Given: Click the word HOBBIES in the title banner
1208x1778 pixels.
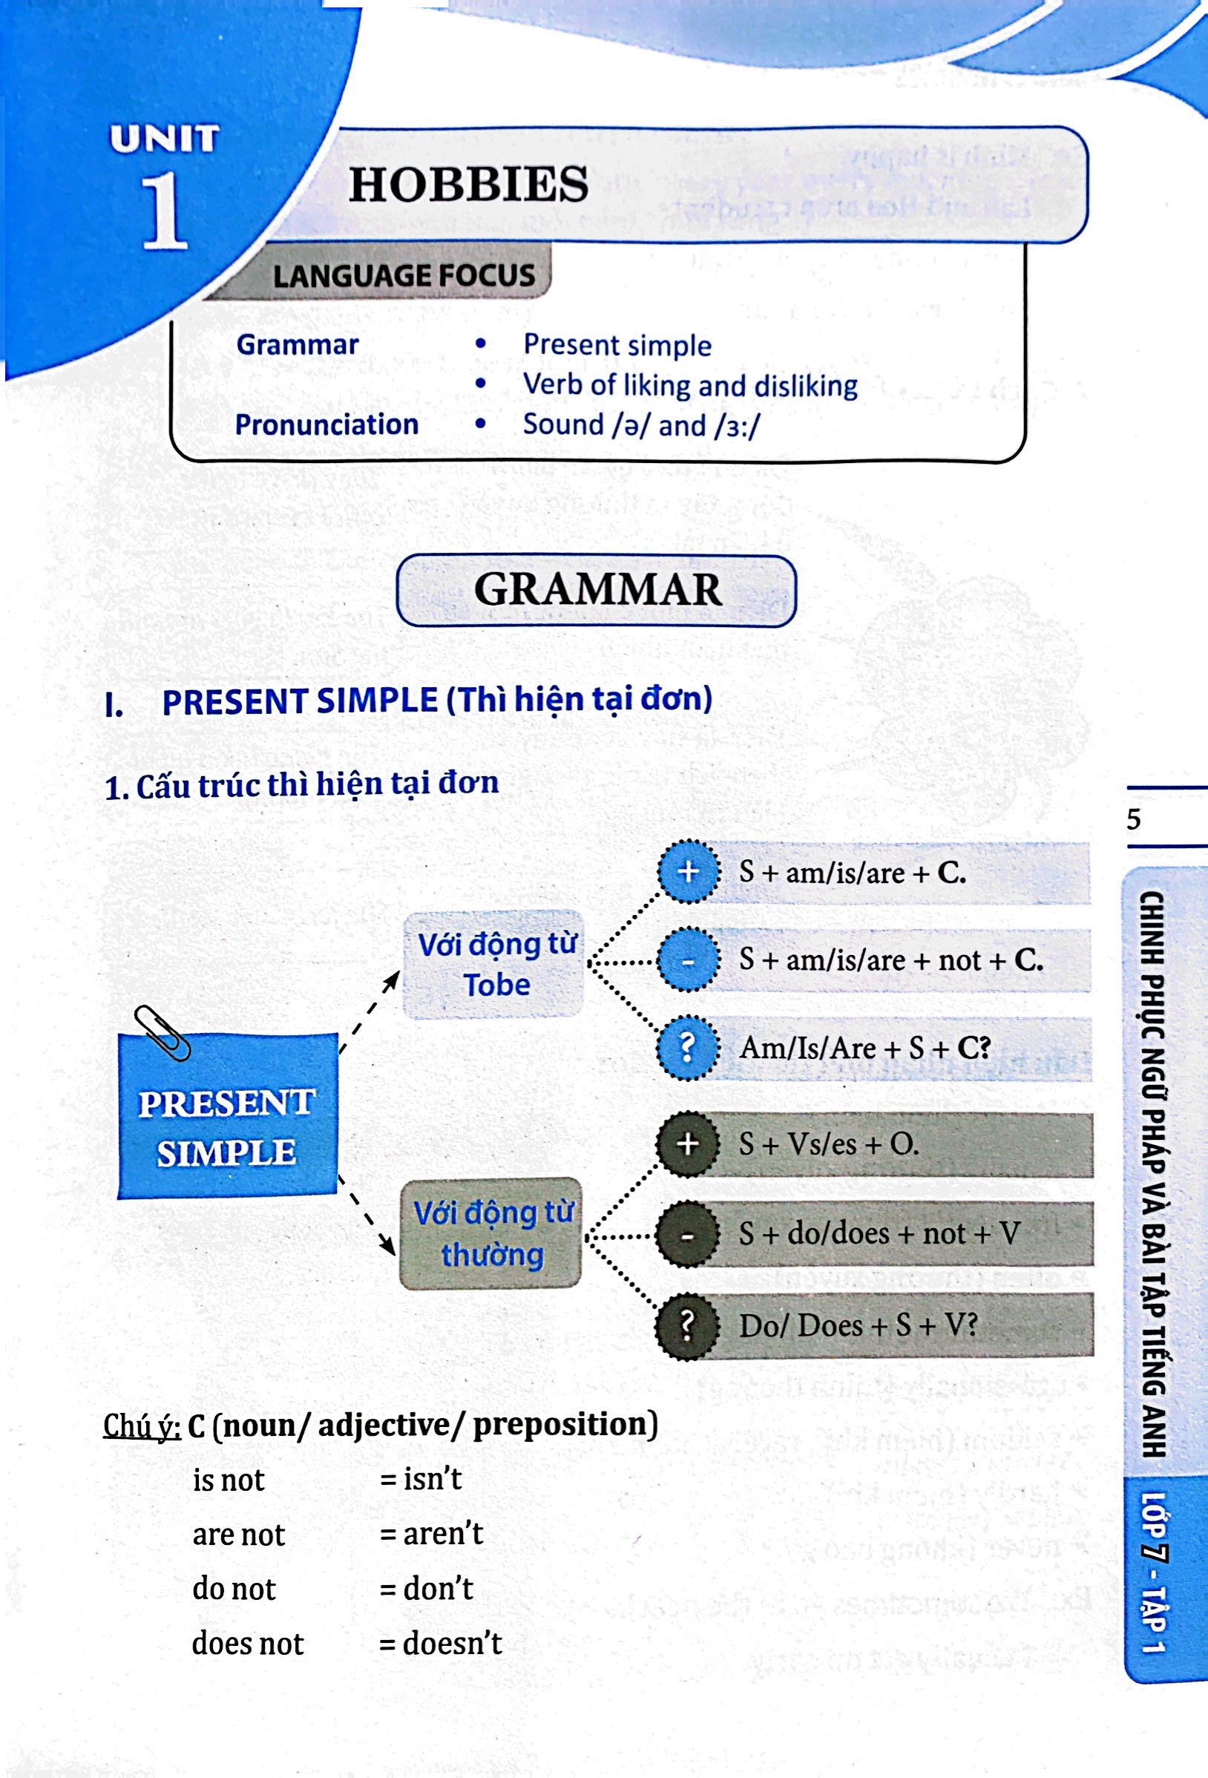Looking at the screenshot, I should click(468, 185).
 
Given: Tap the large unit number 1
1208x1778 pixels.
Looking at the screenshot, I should click(165, 211).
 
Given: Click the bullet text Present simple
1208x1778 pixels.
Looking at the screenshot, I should click(617, 345).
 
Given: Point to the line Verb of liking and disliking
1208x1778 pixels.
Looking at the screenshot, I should click(689, 385).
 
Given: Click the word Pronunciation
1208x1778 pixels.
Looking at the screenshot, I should click(326, 424).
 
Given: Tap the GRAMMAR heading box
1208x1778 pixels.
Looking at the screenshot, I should click(597, 591).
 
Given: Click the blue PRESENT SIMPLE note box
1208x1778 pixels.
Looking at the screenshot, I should click(226, 1128).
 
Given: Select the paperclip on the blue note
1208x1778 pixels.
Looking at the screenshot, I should click(162, 1032).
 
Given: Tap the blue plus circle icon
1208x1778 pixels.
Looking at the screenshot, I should click(689, 871).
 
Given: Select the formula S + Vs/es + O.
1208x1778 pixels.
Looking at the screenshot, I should click(829, 1144).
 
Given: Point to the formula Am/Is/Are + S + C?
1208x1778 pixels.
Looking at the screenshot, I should click(864, 1047).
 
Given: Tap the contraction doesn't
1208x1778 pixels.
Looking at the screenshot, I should click(451, 1643).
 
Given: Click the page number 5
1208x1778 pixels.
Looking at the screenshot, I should click(1134, 820).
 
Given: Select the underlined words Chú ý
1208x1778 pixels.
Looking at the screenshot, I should click(142, 1425).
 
